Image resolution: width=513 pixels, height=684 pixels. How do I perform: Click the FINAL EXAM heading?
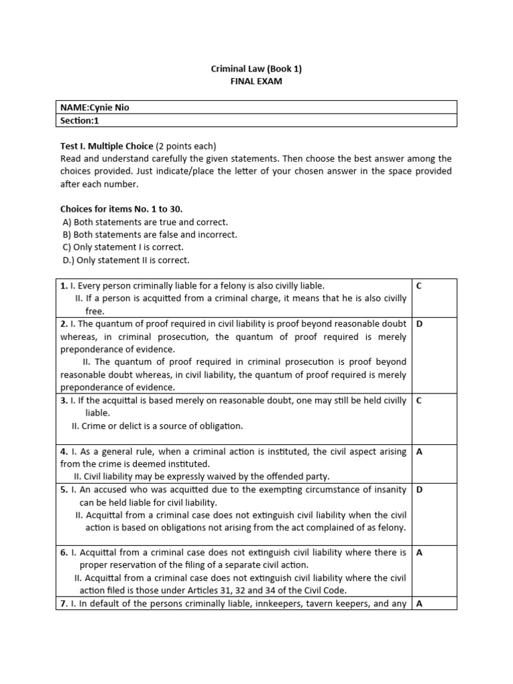click(256, 81)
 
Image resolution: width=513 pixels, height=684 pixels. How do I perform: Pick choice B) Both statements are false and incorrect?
click(149, 234)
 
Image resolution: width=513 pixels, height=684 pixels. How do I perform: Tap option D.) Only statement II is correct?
click(126, 260)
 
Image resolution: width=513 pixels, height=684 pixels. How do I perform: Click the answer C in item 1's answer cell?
click(419, 286)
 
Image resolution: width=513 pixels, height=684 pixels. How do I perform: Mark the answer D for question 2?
click(419, 324)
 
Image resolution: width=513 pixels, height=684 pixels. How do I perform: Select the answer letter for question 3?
click(419, 401)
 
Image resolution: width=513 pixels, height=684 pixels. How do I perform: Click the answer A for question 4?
click(419, 452)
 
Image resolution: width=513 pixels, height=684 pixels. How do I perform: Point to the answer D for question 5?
click(419, 490)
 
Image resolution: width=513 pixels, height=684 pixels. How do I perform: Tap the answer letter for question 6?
click(419, 552)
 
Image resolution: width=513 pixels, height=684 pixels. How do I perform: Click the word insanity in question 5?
click(387, 490)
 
